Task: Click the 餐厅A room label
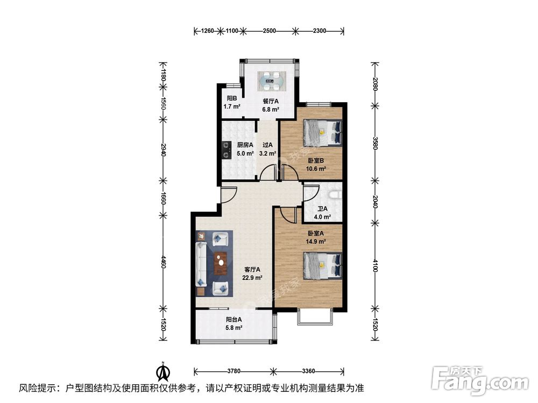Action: click(270, 105)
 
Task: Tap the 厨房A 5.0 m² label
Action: click(245, 149)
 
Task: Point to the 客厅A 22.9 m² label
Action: click(252, 274)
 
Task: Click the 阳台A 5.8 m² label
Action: click(233, 323)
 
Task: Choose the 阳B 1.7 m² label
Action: click(232, 102)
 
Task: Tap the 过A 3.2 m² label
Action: click(267, 149)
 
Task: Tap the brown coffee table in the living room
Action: click(220, 263)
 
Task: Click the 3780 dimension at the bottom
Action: click(233, 371)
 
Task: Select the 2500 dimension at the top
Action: click(269, 31)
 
